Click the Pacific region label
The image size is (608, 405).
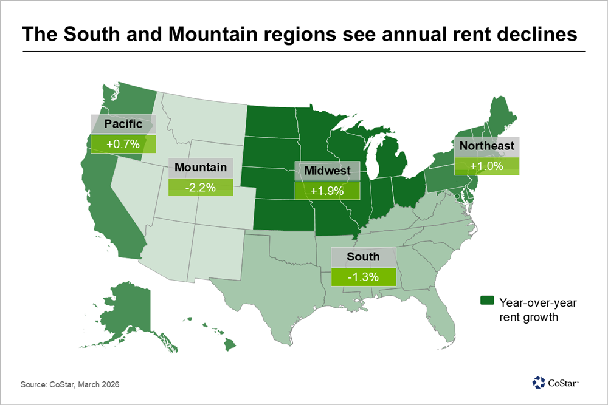click(x=123, y=124)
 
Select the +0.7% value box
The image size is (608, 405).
click(x=123, y=145)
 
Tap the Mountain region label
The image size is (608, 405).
click(x=200, y=168)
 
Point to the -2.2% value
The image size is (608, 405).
click(x=200, y=188)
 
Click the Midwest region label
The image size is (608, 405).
click(x=328, y=171)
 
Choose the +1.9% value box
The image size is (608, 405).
click(x=328, y=191)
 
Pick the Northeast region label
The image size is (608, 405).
click(x=487, y=146)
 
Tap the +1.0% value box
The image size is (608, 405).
click(x=487, y=166)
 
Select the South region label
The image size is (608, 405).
click(x=363, y=257)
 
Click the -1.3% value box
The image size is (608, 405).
click(x=363, y=277)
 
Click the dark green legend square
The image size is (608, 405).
click(x=486, y=301)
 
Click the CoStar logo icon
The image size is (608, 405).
click(x=539, y=382)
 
